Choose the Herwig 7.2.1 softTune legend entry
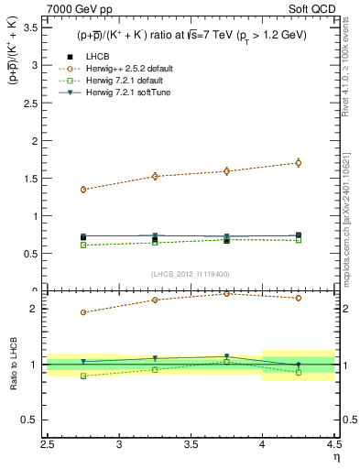click(125, 93)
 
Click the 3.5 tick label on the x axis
click(191, 446)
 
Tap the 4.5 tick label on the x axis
click(332, 446)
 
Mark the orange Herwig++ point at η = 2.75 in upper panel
click(83, 190)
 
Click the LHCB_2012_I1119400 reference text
click(191, 274)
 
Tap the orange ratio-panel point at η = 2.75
click(83, 312)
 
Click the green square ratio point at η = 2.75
click(83, 376)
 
